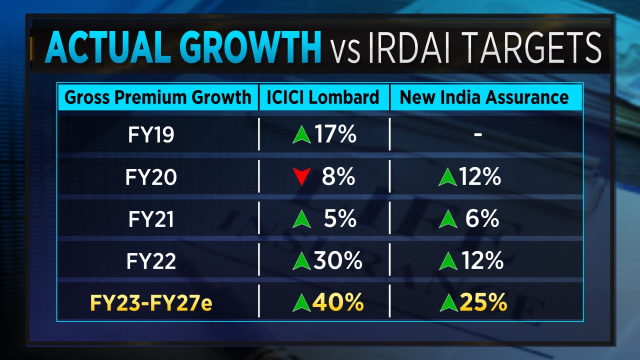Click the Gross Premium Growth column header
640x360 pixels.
coord(157,97)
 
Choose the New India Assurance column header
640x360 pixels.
coord(484,97)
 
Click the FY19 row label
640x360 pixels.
coord(150,135)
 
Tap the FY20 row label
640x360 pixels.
coord(150,177)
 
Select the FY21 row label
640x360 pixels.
coord(150,219)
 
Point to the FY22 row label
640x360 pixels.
coord(150,261)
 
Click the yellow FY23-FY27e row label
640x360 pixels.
coord(150,303)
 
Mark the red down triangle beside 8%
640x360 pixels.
coord(301,177)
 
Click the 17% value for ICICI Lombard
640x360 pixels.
coord(334,135)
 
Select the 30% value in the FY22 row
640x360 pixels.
coord(337,261)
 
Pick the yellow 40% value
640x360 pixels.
coord(338,303)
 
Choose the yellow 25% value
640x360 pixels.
coord(483,303)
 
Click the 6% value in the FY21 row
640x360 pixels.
coord(483,219)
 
